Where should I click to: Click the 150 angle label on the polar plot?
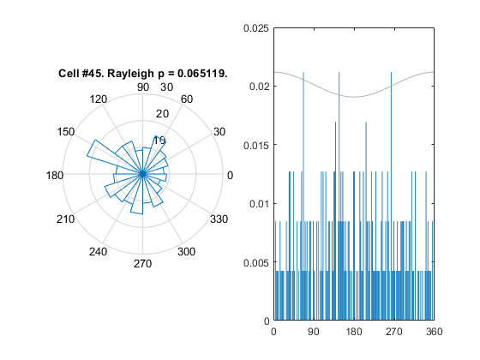pyautogui.click(x=66, y=132)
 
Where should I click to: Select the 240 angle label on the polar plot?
pyautogui.click(x=98, y=252)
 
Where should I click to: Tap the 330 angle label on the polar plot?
pyautogui.click(x=219, y=219)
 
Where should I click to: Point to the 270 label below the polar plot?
pyautogui.click(x=142, y=264)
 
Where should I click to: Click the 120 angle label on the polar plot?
pyautogui.click(x=99, y=99)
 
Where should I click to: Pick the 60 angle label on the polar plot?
pyautogui.click(x=187, y=99)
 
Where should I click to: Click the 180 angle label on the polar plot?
pyautogui.click(x=55, y=176)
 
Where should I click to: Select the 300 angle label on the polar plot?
pyautogui.click(x=187, y=252)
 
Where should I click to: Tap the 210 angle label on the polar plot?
pyautogui.click(x=65, y=219)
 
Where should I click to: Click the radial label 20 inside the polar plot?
pyautogui.click(x=162, y=114)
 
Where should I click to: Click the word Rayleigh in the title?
pyautogui.click(x=130, y=74)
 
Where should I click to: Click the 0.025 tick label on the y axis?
pyautogui.click(x=256, y=28)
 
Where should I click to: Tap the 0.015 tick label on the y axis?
pyautogui.click(x=256, y=146)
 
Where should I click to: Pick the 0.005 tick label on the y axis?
pyautogui.click(x=256, y=262)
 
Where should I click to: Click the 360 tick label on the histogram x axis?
pyautogui.click(x=434, y=332)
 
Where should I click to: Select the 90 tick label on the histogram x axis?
pyautogui.click(x=314, y=332)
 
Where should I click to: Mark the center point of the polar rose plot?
pyautogui.click(x=142, y=174)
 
